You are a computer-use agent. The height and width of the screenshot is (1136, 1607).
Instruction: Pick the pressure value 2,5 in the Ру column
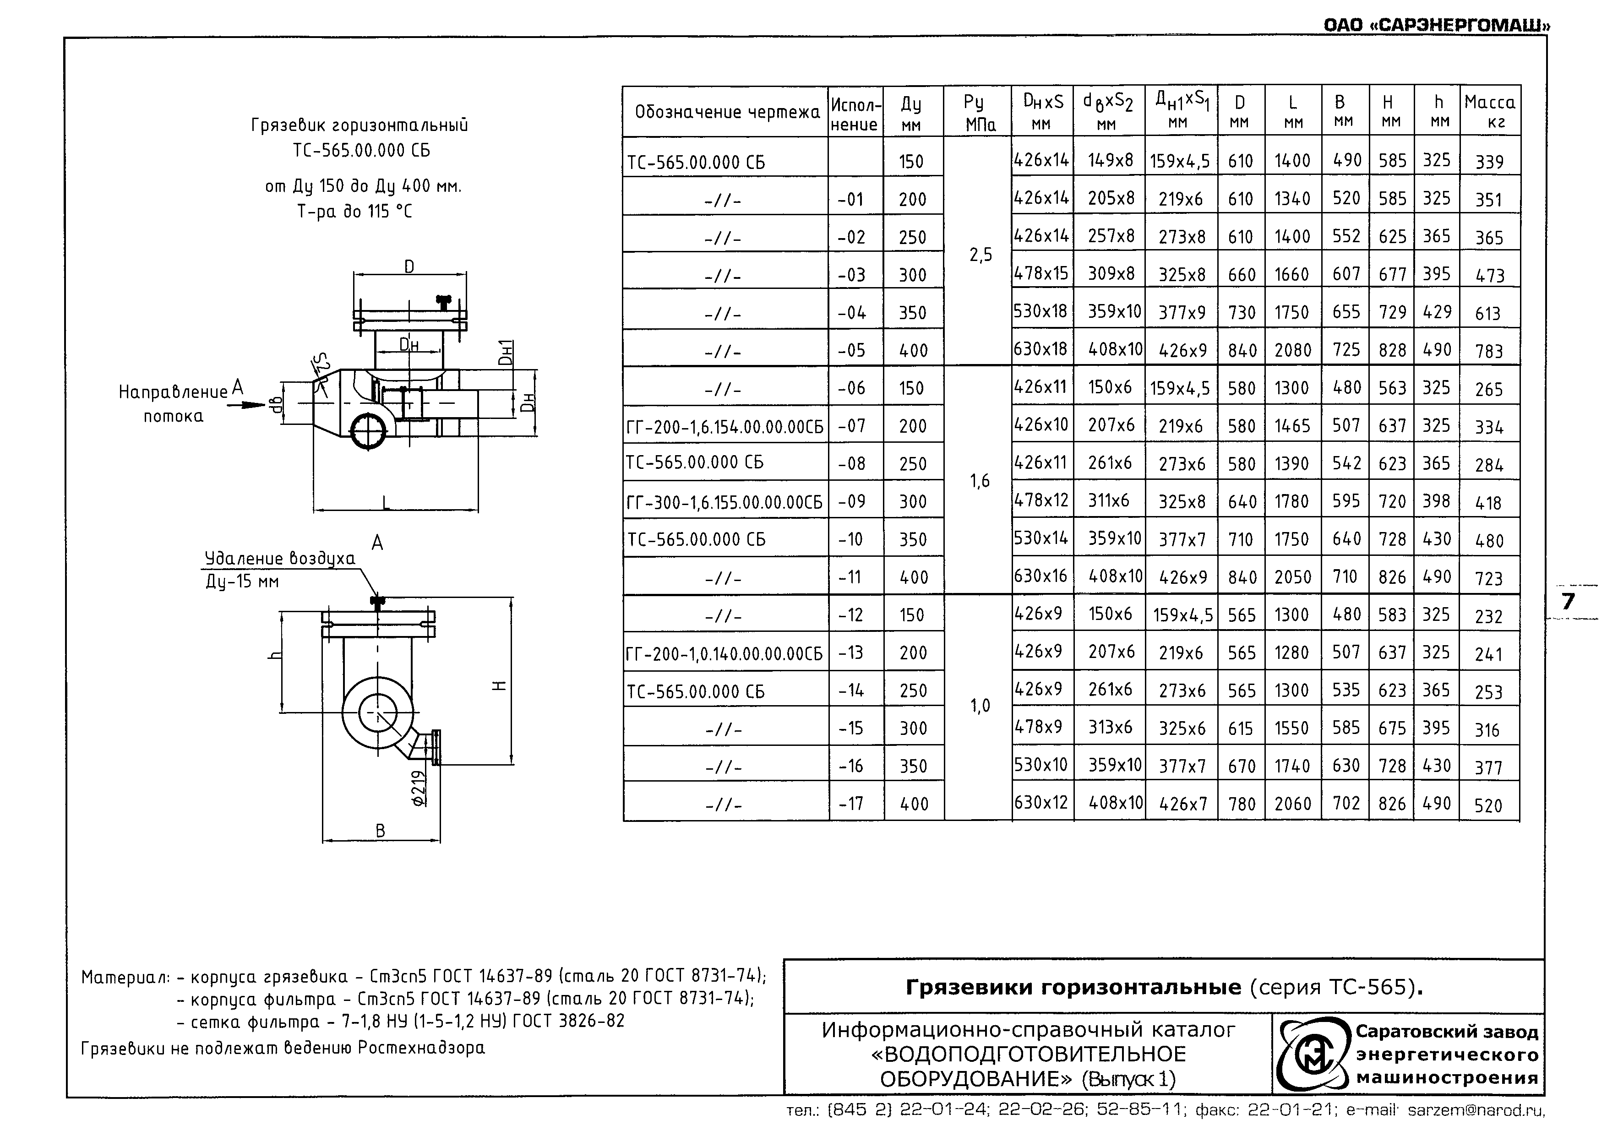[980, 255]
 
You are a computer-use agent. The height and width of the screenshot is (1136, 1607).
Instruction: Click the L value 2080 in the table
[1292, 350]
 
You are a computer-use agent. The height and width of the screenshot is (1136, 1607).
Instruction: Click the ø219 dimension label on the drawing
[419, 788]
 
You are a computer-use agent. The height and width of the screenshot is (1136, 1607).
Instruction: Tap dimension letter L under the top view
[386, 502]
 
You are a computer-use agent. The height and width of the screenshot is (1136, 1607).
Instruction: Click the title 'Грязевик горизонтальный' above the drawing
[359, 126]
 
